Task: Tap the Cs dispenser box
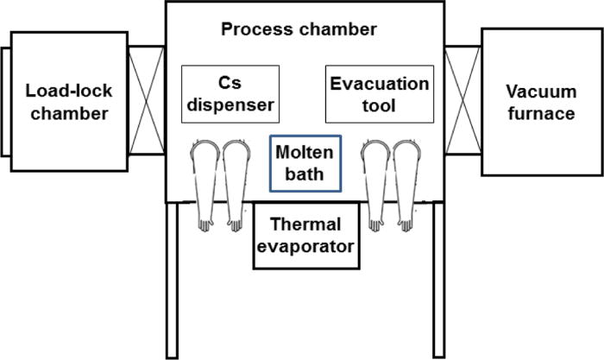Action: (230, 93)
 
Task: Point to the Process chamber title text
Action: (299, 29)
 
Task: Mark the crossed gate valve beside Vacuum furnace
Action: (462, 102)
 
